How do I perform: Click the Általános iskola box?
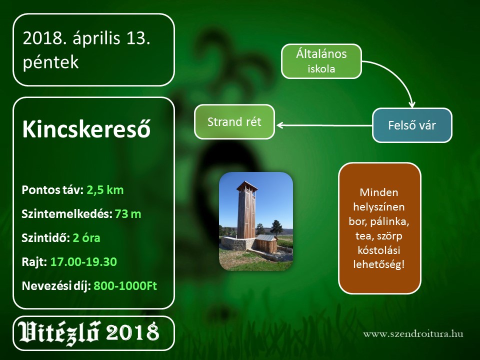[x=321, y=61]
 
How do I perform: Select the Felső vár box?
[x=412, y=125]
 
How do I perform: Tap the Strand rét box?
[x=234, y=122]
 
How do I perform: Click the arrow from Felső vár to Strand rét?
[x=324, y=125]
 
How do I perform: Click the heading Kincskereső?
[x=86, y=129]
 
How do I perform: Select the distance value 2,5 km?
[x=105, y=190]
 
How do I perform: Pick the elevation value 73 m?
[x=128, y=214]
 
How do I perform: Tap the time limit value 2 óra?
[x=86, y=238]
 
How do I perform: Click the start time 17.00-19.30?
[x=83, y=261]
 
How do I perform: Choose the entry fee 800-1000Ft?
[x=125, y=285]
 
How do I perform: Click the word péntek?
[x=51, y=62]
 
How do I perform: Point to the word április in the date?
[x=96, y=39]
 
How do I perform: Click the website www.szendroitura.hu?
[x=413, y=334]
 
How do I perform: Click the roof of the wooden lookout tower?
[x=246, y=185]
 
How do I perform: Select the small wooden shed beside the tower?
[x=266, y=243]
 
